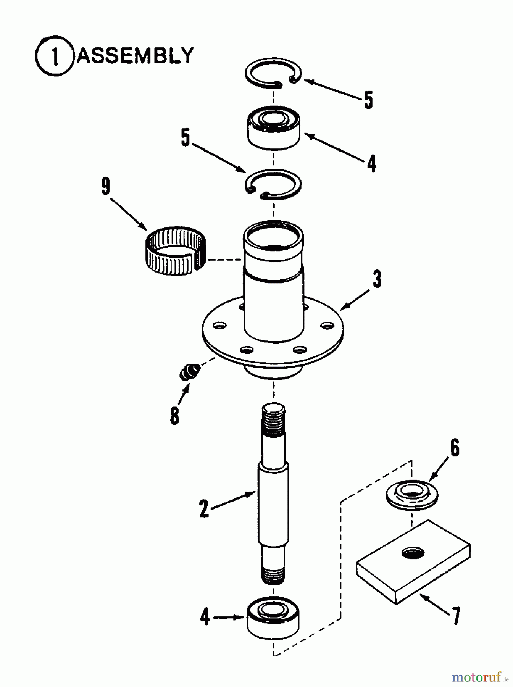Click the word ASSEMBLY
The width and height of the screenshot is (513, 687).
pos(135,56)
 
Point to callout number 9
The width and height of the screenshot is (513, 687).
pos(106,187)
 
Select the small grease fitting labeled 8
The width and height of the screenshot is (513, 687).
pos(189,371)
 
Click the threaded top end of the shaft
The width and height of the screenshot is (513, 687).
pos(273,420)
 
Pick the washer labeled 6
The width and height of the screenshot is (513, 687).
pos(412,495)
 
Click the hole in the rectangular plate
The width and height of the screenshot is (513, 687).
pos(413,552)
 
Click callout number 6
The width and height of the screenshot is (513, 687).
pos(454,448)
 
